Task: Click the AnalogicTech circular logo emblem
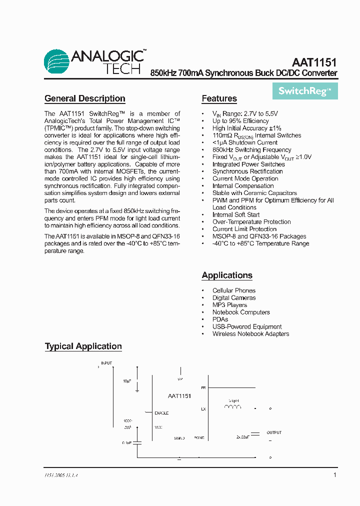click(56, 62)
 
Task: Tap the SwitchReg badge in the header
click(304, 91)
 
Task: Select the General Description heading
click(85, 98)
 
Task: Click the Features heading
click(219, 98)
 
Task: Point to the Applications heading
click(227, 275)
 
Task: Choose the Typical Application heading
click(83, 346)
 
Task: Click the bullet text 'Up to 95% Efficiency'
click(240, 121)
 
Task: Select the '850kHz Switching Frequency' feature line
click(251, 149)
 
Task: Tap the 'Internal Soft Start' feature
click(236, 214)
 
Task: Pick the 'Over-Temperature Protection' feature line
click(251, 222)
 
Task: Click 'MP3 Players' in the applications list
click(229, 305)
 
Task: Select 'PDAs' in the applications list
click(220, 319)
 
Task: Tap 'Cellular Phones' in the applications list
click(233, 290)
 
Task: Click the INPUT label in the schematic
click(106, 362)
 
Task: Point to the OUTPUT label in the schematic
click(274, 432)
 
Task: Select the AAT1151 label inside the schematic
click(179, 395)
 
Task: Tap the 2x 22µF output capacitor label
click(243, 437)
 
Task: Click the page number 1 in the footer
click(334, 475)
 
